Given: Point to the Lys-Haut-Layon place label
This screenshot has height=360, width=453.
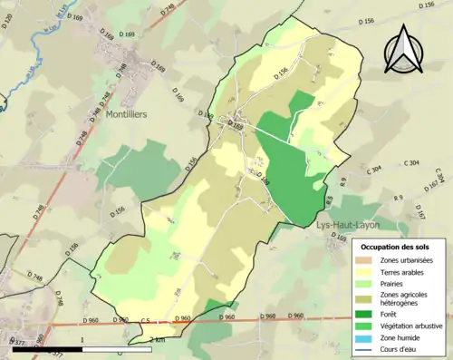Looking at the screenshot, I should point(348,224).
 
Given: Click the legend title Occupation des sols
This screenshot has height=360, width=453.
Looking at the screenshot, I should point(396,247).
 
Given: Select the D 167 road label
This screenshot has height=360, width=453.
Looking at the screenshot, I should point(419,211).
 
